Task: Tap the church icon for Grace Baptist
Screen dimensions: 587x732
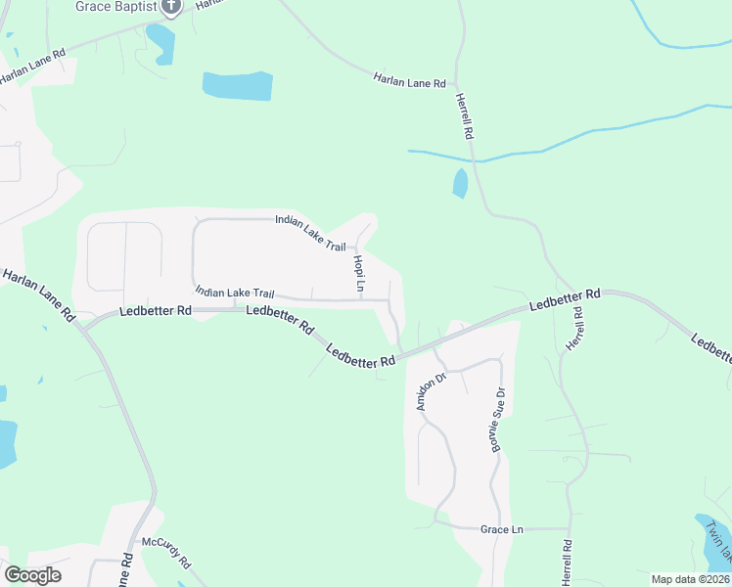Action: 172,7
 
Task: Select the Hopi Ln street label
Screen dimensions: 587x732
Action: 359,273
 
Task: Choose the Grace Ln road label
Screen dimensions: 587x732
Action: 502,529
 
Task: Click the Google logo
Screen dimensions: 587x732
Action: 32,575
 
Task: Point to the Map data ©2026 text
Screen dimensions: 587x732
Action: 690,579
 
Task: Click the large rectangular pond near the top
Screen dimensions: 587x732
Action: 238,86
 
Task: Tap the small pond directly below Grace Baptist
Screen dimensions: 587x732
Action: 160,42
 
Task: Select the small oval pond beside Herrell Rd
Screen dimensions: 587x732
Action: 460,183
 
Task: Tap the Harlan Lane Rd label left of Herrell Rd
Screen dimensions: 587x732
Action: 409,80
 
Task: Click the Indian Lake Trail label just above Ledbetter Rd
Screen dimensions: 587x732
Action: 234,293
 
